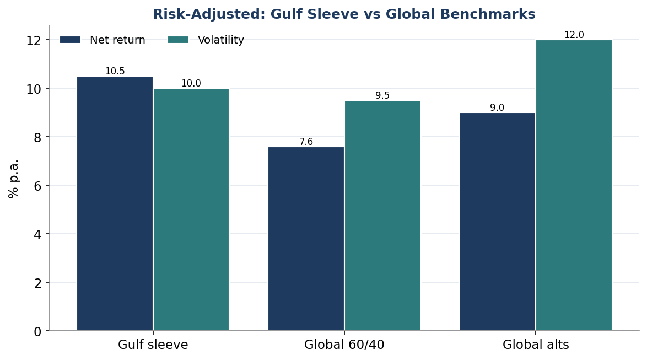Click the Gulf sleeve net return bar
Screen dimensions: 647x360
click(115, 203)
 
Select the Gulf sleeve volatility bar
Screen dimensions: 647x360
click(191, 209)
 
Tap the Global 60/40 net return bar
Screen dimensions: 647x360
click(306, 239)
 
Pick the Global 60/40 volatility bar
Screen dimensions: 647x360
click(382, 216)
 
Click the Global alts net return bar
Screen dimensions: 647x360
click(497, 222)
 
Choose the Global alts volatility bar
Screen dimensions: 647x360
click(574, 185)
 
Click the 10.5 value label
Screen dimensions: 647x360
click(115, 71)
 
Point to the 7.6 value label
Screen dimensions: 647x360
click(306, 142)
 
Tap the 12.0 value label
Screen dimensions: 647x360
click(574, 35)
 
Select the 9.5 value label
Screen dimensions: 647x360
click(382, 95)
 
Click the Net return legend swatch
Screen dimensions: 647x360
click(70, 40)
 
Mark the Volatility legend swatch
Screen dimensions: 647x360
click(178, 40)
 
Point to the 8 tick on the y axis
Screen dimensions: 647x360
click(47, 137)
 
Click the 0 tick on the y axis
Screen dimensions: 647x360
click(47, 331)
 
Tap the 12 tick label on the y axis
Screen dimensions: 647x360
click(34, 40)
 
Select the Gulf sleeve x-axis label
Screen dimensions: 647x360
click(153, 345)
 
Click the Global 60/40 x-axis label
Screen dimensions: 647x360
click(344, 345)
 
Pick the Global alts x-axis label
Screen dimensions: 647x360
click(536, 345)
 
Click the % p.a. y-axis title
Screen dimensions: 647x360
click(13, 179)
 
